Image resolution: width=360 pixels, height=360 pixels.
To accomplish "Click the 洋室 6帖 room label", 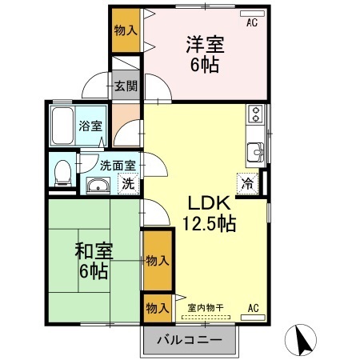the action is [x=205, y=54].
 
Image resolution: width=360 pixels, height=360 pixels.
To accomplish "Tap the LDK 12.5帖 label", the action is [x=209, y=213].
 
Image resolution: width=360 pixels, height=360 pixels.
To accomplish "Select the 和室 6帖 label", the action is [x=94, y=261].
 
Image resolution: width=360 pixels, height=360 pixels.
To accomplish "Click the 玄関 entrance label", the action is [x=126, y=86].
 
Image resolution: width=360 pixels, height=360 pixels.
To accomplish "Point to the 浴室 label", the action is [x=90, y=126].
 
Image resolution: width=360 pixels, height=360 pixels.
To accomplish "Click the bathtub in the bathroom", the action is [x=62, y=126].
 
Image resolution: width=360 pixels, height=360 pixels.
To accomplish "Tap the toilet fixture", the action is [x=63, y=173].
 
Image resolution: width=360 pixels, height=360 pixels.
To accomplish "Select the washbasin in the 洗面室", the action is [x=98, y=185].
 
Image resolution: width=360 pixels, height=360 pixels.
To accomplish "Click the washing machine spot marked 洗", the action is [x=129, y=184].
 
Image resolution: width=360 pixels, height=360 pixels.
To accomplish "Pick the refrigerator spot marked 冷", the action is [x=247, y=183].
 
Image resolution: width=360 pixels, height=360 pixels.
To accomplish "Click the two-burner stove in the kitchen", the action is [x=255, y=114].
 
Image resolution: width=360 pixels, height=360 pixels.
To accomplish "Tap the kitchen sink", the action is [x=255, y=152].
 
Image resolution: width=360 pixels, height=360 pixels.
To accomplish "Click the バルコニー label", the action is [x=190, y=340].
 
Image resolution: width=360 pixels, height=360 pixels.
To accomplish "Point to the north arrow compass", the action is [x=301, y=340].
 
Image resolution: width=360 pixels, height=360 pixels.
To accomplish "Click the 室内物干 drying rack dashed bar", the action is [x=206, y=318].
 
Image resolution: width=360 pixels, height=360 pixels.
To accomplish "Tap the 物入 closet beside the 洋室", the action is [x=126, y=30].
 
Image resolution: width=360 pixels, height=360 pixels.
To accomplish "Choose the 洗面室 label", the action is [x=118, y=166].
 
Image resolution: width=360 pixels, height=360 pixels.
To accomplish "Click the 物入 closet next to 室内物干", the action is [x=158, y=308].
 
